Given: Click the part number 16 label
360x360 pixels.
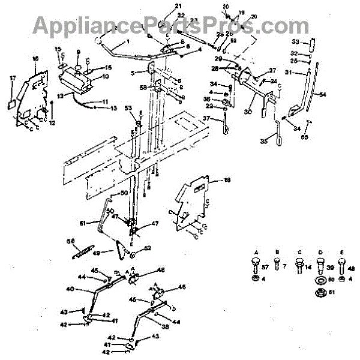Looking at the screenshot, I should [35, 58].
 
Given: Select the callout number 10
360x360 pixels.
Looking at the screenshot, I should [106, 76].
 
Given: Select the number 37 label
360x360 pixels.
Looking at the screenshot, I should [205, 119].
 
